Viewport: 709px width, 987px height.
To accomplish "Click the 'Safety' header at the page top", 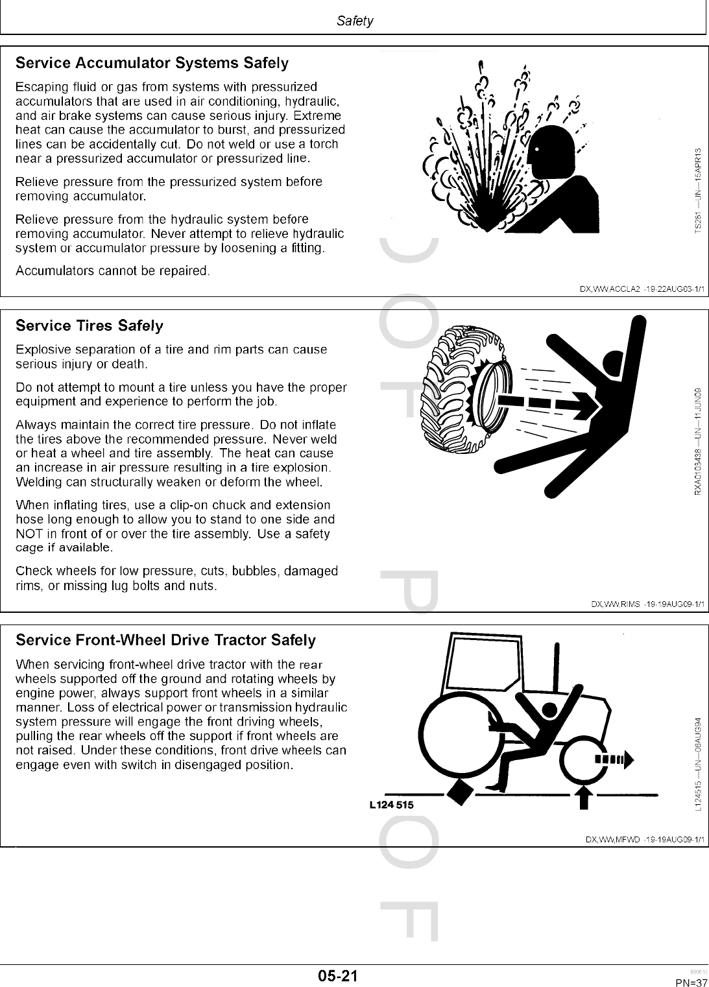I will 355,21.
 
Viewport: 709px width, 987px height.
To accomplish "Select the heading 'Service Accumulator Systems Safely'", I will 152,64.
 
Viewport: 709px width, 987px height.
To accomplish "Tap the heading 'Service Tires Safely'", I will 90,326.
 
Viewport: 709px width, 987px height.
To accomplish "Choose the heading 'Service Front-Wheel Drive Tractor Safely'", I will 165,640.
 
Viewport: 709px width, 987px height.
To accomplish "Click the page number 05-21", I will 338,975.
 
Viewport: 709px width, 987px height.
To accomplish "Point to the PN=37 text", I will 690,982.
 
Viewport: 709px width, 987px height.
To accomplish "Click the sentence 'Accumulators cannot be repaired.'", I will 112,270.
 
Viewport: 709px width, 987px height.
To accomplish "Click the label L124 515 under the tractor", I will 391,805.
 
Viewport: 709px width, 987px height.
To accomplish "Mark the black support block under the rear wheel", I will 460,792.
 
